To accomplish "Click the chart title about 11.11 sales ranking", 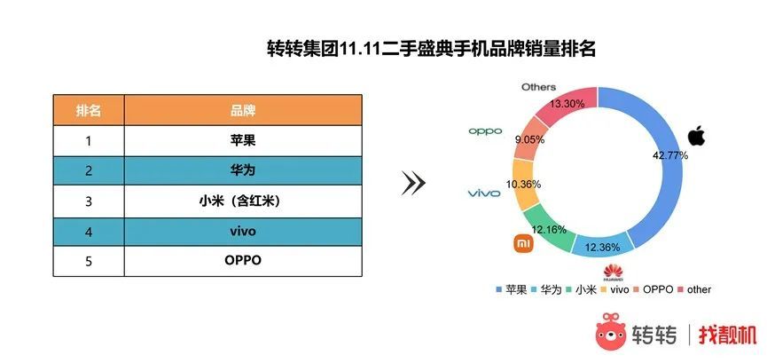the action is click(431, 49).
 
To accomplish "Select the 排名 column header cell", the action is click(89, 110).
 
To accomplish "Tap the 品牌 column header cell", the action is click(243, 110).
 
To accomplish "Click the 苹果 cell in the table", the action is click(243, 140).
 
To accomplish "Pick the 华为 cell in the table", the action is click(243, 170).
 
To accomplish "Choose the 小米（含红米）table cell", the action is click(243, 201).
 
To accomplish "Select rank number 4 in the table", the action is click(89, 232).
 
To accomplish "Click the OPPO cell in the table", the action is click(243, 261).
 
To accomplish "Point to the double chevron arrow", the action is click(413, 183).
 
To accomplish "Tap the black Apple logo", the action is click(698, 136).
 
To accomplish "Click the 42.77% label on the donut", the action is click(670, 156).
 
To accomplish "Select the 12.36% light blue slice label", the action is click(603, 248).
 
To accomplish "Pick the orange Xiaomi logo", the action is click(523, 243).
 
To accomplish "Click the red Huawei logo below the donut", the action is click(613, 272).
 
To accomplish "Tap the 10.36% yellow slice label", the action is click(523, 185).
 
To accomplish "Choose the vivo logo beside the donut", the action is click(484, 193).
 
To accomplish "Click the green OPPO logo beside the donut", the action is click(485, 131).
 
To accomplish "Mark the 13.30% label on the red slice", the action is click(567, 103).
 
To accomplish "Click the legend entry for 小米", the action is click(581, 289).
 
